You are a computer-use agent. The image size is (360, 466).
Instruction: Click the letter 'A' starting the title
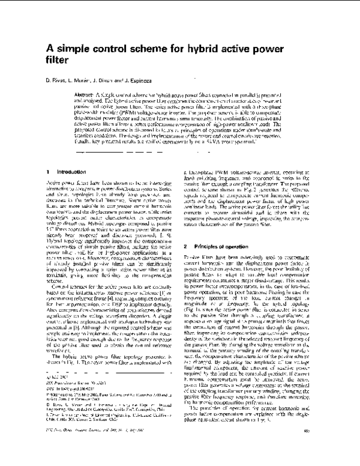[50, 50]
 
